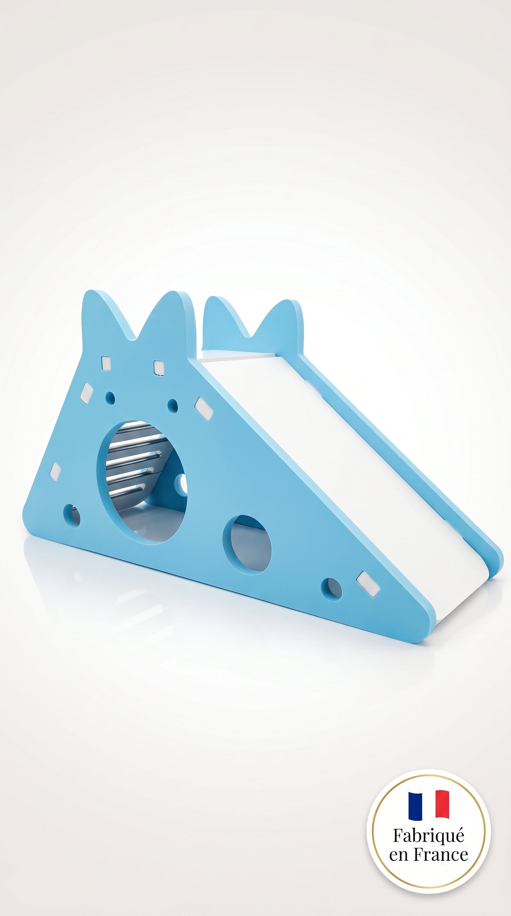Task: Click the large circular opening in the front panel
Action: [142, 482]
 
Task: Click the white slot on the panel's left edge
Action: [55, 472]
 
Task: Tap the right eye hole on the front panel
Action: [173, 404]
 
